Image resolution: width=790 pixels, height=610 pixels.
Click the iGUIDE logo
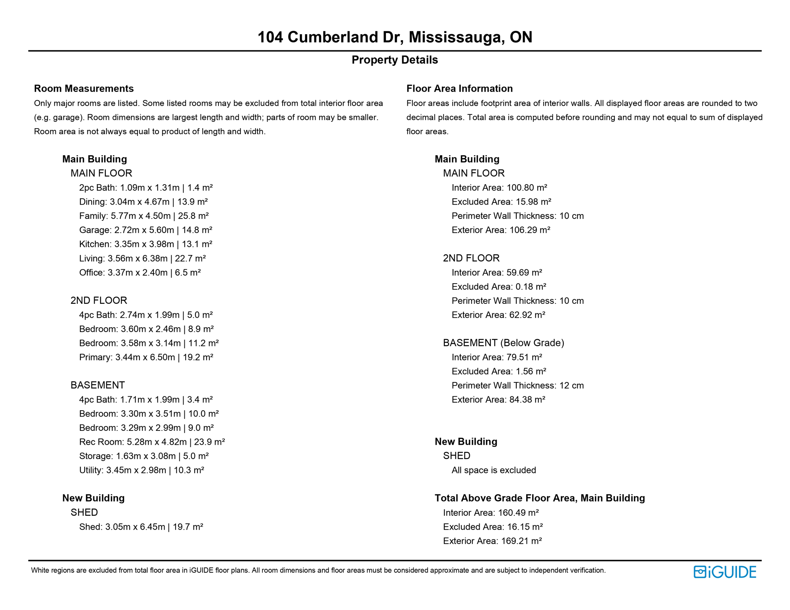pos(725,572)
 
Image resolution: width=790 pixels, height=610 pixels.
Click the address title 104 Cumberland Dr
pos(395,37)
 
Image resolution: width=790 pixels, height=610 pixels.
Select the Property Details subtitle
pos(395,60)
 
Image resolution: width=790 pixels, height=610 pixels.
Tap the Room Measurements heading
pos(84,89)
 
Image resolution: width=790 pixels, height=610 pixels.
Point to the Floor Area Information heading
pos(459,89)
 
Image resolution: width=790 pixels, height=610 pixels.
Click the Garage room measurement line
pos(145,230)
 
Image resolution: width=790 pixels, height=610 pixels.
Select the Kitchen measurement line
pos(145,244)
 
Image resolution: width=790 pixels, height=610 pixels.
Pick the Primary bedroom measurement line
pos(146,357)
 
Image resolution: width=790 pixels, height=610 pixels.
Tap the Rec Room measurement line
pos(152,442)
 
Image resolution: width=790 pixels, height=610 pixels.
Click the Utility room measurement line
pos(141,470)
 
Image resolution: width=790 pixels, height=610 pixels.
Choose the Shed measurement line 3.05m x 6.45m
pos(141,527)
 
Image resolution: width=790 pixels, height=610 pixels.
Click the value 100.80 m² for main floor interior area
pos(527,188)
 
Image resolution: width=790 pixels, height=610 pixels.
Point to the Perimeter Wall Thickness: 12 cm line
pos(517,386)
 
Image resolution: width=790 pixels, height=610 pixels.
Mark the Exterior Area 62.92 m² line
pos(498,315)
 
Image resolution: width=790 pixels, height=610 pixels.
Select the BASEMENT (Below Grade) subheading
pos(503,343)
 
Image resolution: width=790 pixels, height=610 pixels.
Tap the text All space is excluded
pos(494,470)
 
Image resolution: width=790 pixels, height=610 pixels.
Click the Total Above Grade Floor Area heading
pos(540,498)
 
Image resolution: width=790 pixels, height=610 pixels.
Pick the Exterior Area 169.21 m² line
pos(492,541)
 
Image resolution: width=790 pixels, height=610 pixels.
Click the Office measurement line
pos(140,272)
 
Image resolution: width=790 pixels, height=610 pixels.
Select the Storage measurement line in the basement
pos(144,456)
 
